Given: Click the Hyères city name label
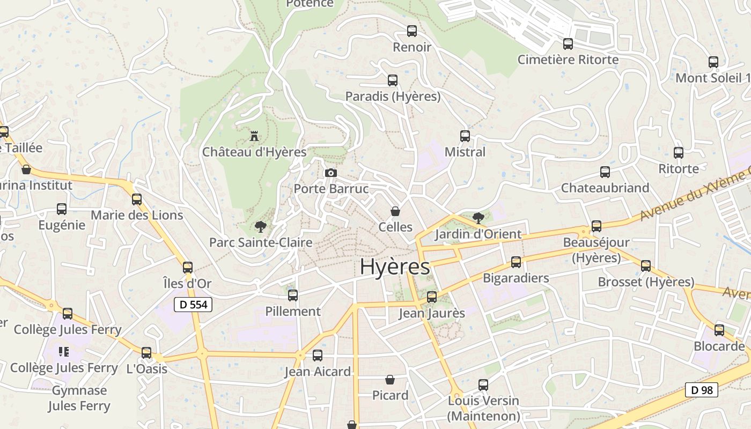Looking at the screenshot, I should click(395, 267).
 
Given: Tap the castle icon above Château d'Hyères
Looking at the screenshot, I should click(254, 136).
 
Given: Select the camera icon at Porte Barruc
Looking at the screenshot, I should click(331, 173).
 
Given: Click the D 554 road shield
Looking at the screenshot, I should click(193, 305).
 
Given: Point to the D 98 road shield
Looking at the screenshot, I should click(702, 390).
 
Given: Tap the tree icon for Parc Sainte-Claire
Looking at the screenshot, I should click(261, 226).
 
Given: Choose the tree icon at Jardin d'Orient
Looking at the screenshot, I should click(478, 218).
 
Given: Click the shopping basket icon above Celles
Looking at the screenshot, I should click(395, 211).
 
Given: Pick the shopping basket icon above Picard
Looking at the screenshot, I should click(390, 380).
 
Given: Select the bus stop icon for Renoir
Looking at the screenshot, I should click(412, 31).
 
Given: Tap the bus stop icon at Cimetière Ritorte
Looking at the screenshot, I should click(568, 44).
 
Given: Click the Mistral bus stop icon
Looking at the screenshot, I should click(465, 136).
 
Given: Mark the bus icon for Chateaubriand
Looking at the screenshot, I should click(605, 172).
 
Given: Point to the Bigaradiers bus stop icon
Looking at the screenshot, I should click(516, 262).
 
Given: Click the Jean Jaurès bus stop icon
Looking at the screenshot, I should click(432, 297).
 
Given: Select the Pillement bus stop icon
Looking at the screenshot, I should click(293, 295).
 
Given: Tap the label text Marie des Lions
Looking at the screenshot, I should click(137, 215).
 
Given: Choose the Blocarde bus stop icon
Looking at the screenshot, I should click(719, 330).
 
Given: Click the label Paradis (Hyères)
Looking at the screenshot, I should click(393, 97).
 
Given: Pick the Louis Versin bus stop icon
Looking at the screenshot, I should click(483, 385).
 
